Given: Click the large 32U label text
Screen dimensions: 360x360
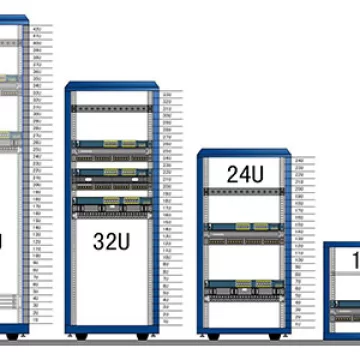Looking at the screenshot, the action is (111, 241).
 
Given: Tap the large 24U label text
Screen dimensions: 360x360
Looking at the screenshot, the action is (245, 174).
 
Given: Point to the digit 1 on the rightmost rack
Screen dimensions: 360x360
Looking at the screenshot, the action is (354, 260).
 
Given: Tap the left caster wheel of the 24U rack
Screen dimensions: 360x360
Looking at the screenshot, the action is (210, 334).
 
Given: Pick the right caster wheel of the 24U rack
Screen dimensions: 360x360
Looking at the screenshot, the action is (281, 334).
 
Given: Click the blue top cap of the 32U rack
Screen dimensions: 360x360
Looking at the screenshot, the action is (112, 86).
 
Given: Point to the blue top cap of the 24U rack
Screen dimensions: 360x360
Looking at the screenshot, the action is (245, 153).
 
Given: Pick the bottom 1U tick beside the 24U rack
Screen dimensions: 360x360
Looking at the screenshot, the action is (298, 322).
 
